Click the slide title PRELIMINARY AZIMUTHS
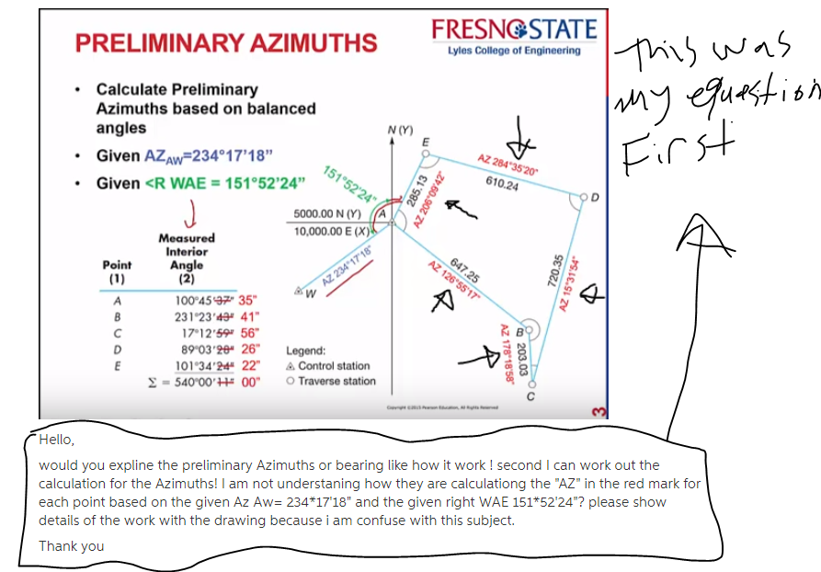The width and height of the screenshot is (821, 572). coord(225,43)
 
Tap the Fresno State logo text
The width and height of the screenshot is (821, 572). coord(514,29)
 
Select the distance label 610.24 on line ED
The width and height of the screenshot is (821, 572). coord(501,184)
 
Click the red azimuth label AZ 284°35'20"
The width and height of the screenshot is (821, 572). coord(508,166)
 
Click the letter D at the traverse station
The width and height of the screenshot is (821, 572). coord(594,196)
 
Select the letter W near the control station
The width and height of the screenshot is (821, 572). coord(310,293)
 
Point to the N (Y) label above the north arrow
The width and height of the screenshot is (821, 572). coord(402,132)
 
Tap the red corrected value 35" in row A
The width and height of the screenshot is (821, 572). coord(248,300)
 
